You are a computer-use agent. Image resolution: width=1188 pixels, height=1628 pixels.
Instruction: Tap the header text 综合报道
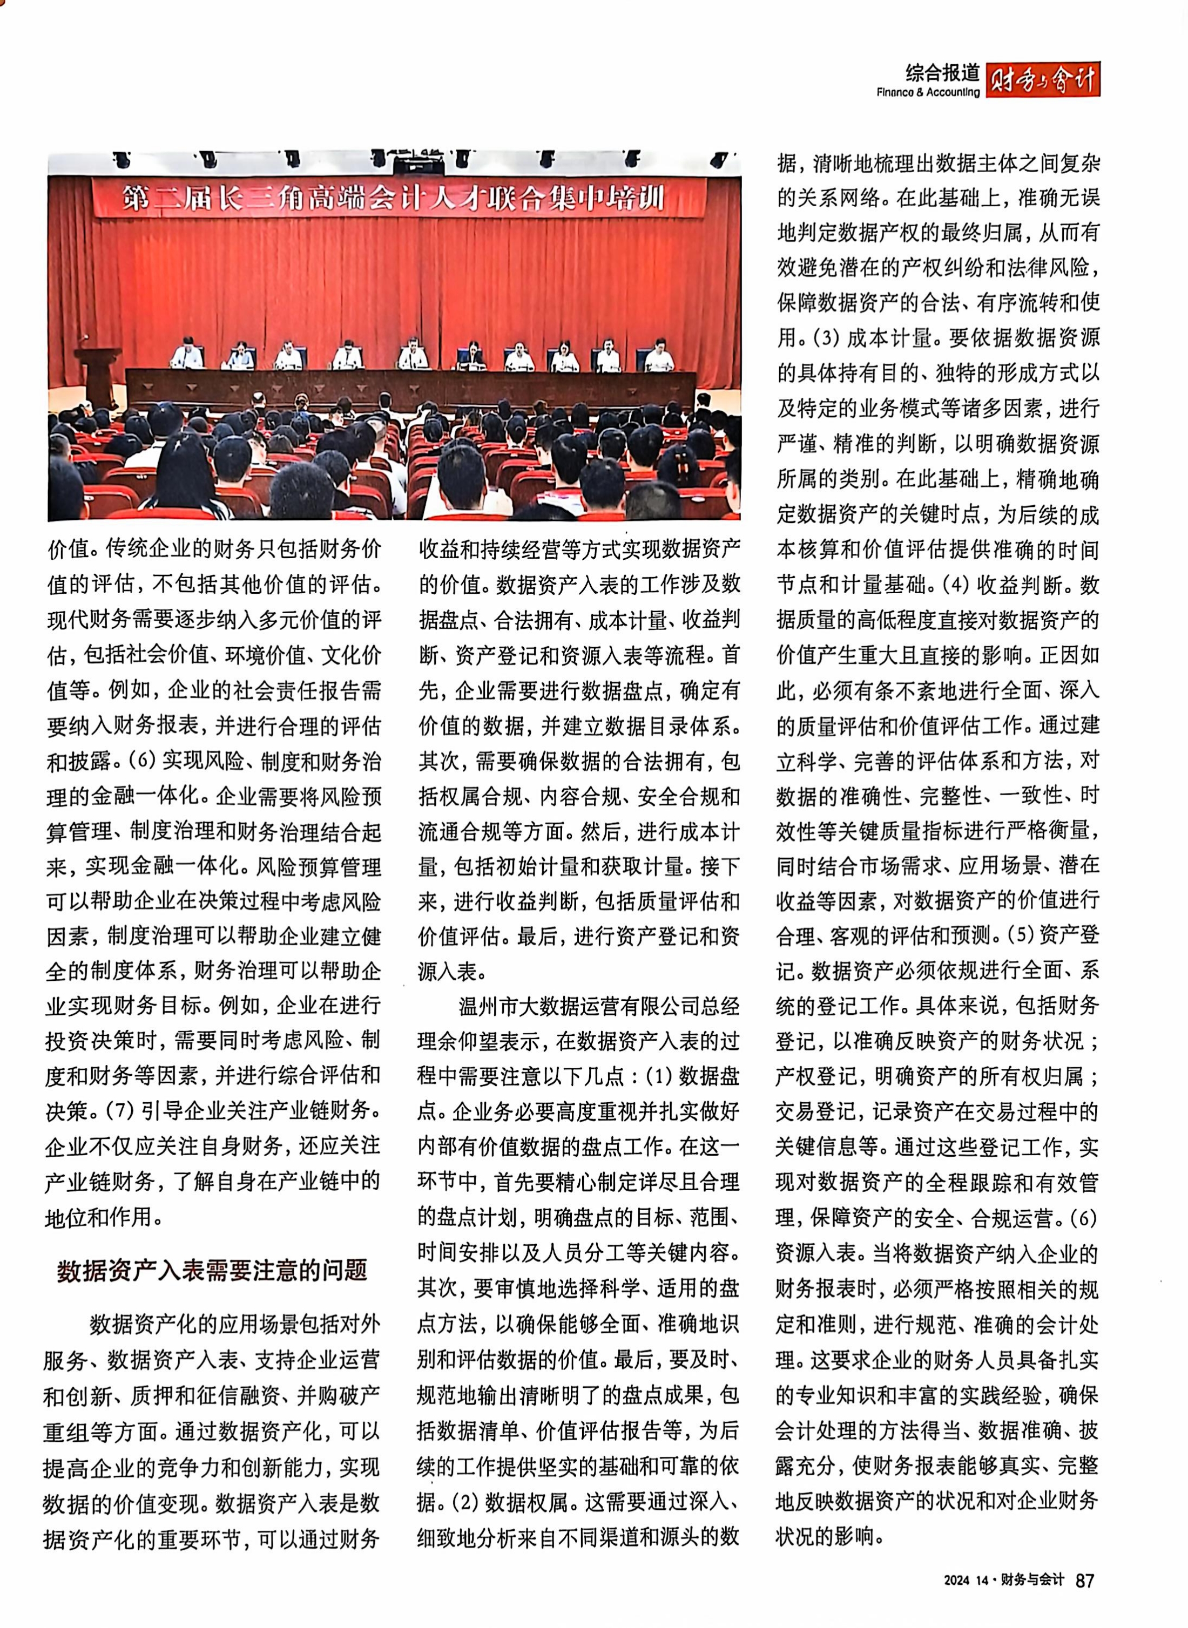(x=943, y=72)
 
